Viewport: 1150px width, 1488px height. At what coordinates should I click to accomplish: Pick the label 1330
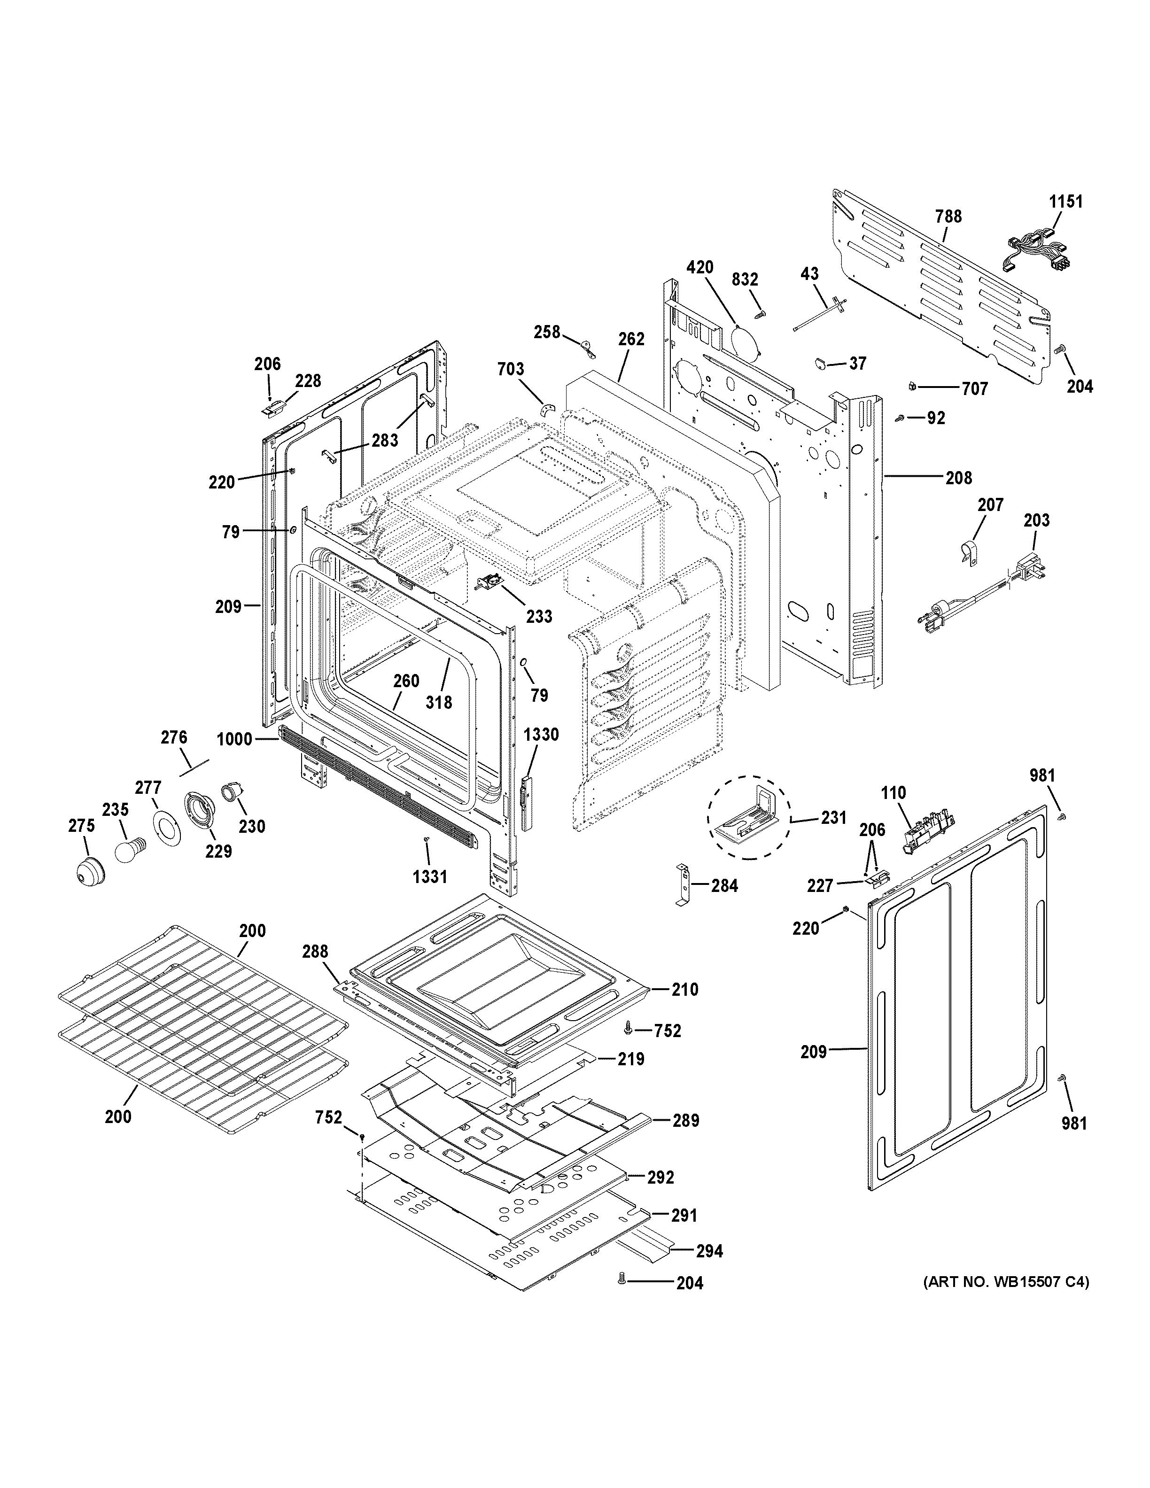(542, 735)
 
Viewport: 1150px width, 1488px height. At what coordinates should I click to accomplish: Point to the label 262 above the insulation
(631, 339)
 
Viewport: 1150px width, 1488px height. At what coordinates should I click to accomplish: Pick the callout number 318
(439, 702)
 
